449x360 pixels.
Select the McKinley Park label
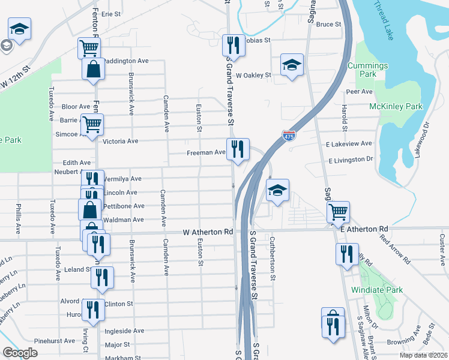click(x=396, y=107)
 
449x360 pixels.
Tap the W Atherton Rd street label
click(x=208, y=232)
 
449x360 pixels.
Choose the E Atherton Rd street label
click(x=364, y=230)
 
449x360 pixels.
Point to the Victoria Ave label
click(x=121, y=142)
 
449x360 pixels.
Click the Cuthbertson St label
click(x=272, y=258)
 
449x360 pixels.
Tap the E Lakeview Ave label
click(x=349, y=144)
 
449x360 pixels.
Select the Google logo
click(x=19, y=353)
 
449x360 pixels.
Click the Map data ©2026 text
click(x=423, y=355)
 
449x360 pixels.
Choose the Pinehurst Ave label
click(x=55, y=340)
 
